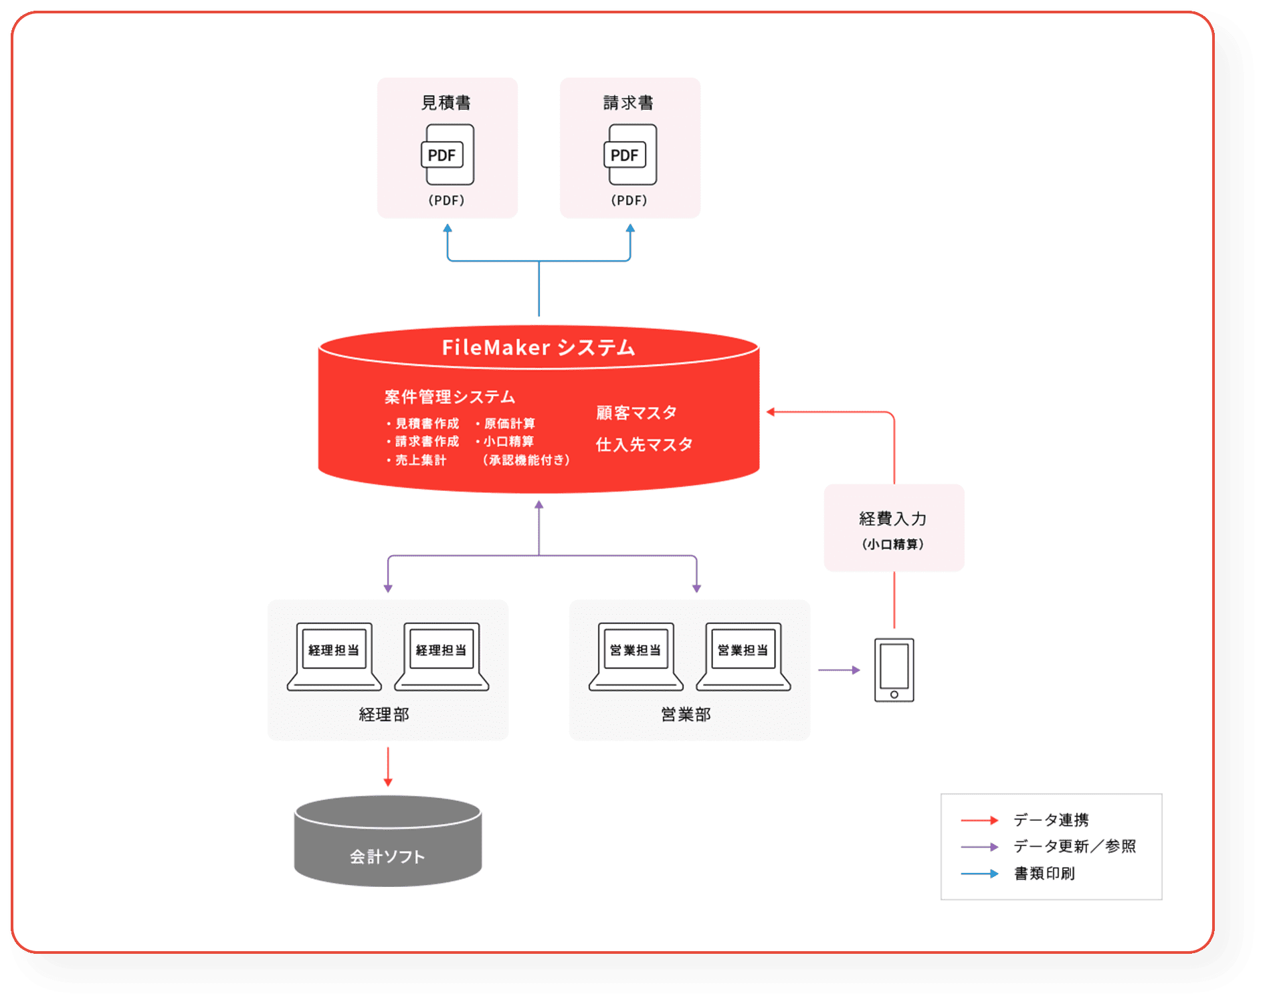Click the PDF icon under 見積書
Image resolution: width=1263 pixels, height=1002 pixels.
click(x=447, y=155)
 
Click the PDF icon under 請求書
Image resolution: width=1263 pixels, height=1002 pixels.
click(x=630, y=155)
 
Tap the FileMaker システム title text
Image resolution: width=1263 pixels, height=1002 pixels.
click(x=539, y=347)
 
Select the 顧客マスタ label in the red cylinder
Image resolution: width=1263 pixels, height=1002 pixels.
click(x=636, y=413)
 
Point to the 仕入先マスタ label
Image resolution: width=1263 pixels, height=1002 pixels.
click(x=644, y=444)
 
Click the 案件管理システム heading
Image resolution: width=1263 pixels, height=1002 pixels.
click(x=450, y=397)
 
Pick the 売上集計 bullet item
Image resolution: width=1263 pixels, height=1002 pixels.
click(x=419, y=460)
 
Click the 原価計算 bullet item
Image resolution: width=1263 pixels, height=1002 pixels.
click(x=508, y=423)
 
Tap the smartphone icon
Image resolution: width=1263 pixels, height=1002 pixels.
click(x=894, y=670)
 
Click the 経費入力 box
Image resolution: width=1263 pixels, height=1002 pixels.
click(x=894, y=528)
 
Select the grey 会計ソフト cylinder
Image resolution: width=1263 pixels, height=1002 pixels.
click(x=388, y=843)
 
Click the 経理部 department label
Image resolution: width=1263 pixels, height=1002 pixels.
click(x=384, y=714)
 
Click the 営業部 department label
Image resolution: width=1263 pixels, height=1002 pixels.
click(x=686, y=714)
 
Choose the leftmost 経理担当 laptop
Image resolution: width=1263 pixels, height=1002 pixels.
click(x=334, y=656)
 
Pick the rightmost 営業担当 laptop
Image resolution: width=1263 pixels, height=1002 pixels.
click(x=743, y=656)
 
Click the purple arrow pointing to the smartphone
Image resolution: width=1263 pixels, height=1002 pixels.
click(x=839, y=670)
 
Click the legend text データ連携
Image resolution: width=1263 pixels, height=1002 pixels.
click(x=1051, y=820)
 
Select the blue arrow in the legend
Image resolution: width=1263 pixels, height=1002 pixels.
click(x=979, y=874)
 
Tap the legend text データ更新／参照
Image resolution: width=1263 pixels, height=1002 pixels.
click(x=1074, y=847)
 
